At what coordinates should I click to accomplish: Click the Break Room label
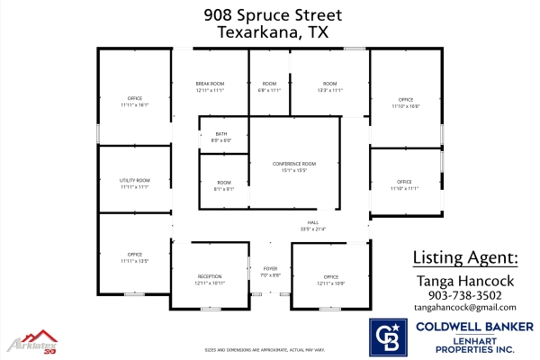point(209,84)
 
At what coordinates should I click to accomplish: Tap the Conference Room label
point(295,163)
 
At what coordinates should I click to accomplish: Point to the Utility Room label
point(134,181)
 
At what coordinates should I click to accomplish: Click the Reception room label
point(210,276)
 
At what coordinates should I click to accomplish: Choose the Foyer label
point(271,268)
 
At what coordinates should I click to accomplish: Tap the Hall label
point(313,222)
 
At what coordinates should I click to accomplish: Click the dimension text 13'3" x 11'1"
point(330,91)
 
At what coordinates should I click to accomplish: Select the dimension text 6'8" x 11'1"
point(270,91)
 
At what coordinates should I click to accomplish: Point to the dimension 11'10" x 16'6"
point(406,106)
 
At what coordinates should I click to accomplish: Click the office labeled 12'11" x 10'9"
point(331,280)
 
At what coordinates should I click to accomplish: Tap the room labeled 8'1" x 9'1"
point(224,186)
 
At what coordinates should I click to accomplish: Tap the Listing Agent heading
point(465,257)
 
